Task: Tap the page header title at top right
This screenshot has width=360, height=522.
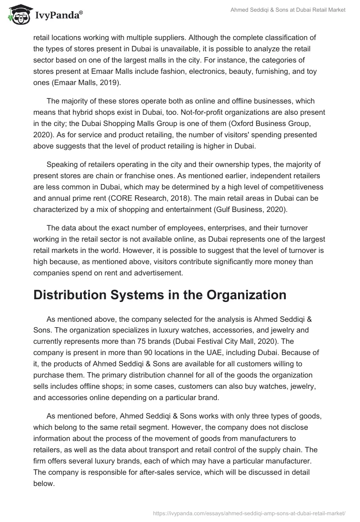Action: click(288, 10)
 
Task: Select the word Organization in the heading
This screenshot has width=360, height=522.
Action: click(242, 295)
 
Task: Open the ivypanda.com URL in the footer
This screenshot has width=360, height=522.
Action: click(250, 512)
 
